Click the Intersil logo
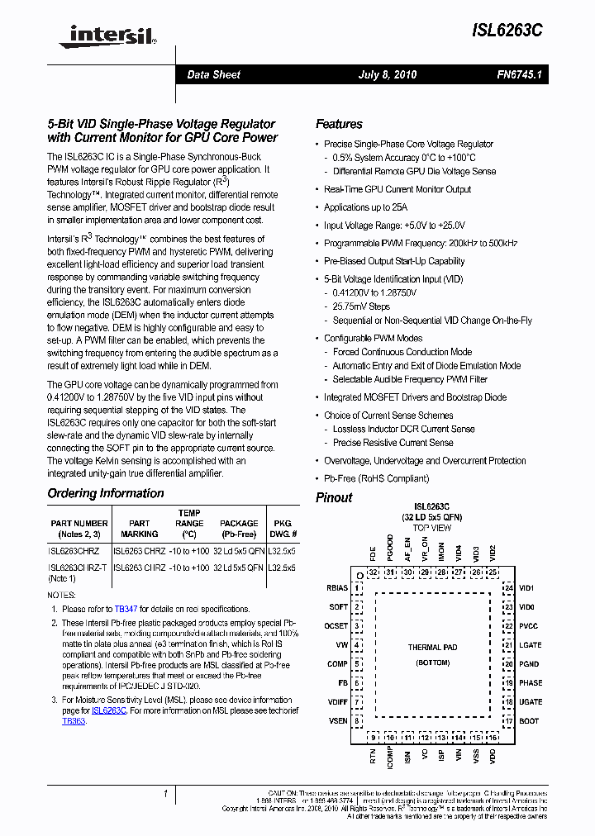click(102, 34)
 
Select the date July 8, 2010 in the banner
click(387, 74)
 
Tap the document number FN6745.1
click(518, 74)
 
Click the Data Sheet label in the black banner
click(213, 74)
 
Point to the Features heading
click(339, 124)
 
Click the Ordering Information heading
click(106, 493)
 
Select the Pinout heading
click(334, 497)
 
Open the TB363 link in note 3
click(74, 720)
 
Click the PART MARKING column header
click(140, 528)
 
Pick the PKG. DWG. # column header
click(283, 528)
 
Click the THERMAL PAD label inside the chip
click(432, 648)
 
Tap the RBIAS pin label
click(337, 588)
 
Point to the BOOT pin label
click(529, 720)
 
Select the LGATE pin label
click(531, 645)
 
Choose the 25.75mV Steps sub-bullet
click(361, 306)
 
